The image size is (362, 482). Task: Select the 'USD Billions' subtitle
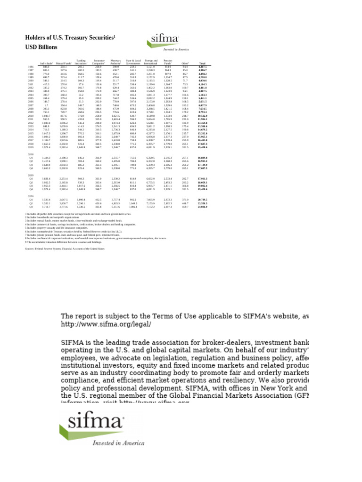(41, 47)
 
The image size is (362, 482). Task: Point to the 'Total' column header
(202, 64)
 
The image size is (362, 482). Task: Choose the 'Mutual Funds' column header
(63, 64)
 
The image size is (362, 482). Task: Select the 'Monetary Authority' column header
(116, 62)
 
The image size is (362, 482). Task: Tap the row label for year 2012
(31, 123)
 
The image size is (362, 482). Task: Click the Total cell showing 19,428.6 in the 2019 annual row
(202, 147)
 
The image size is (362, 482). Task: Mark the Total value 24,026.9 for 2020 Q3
(202, 207)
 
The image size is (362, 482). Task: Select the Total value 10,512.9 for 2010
(202, 116)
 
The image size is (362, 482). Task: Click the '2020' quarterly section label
(31, 196)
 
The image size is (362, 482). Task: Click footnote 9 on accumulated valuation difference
(64, 242)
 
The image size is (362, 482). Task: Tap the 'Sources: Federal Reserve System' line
(65, 249)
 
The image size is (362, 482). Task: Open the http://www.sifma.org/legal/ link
(106, 325)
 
